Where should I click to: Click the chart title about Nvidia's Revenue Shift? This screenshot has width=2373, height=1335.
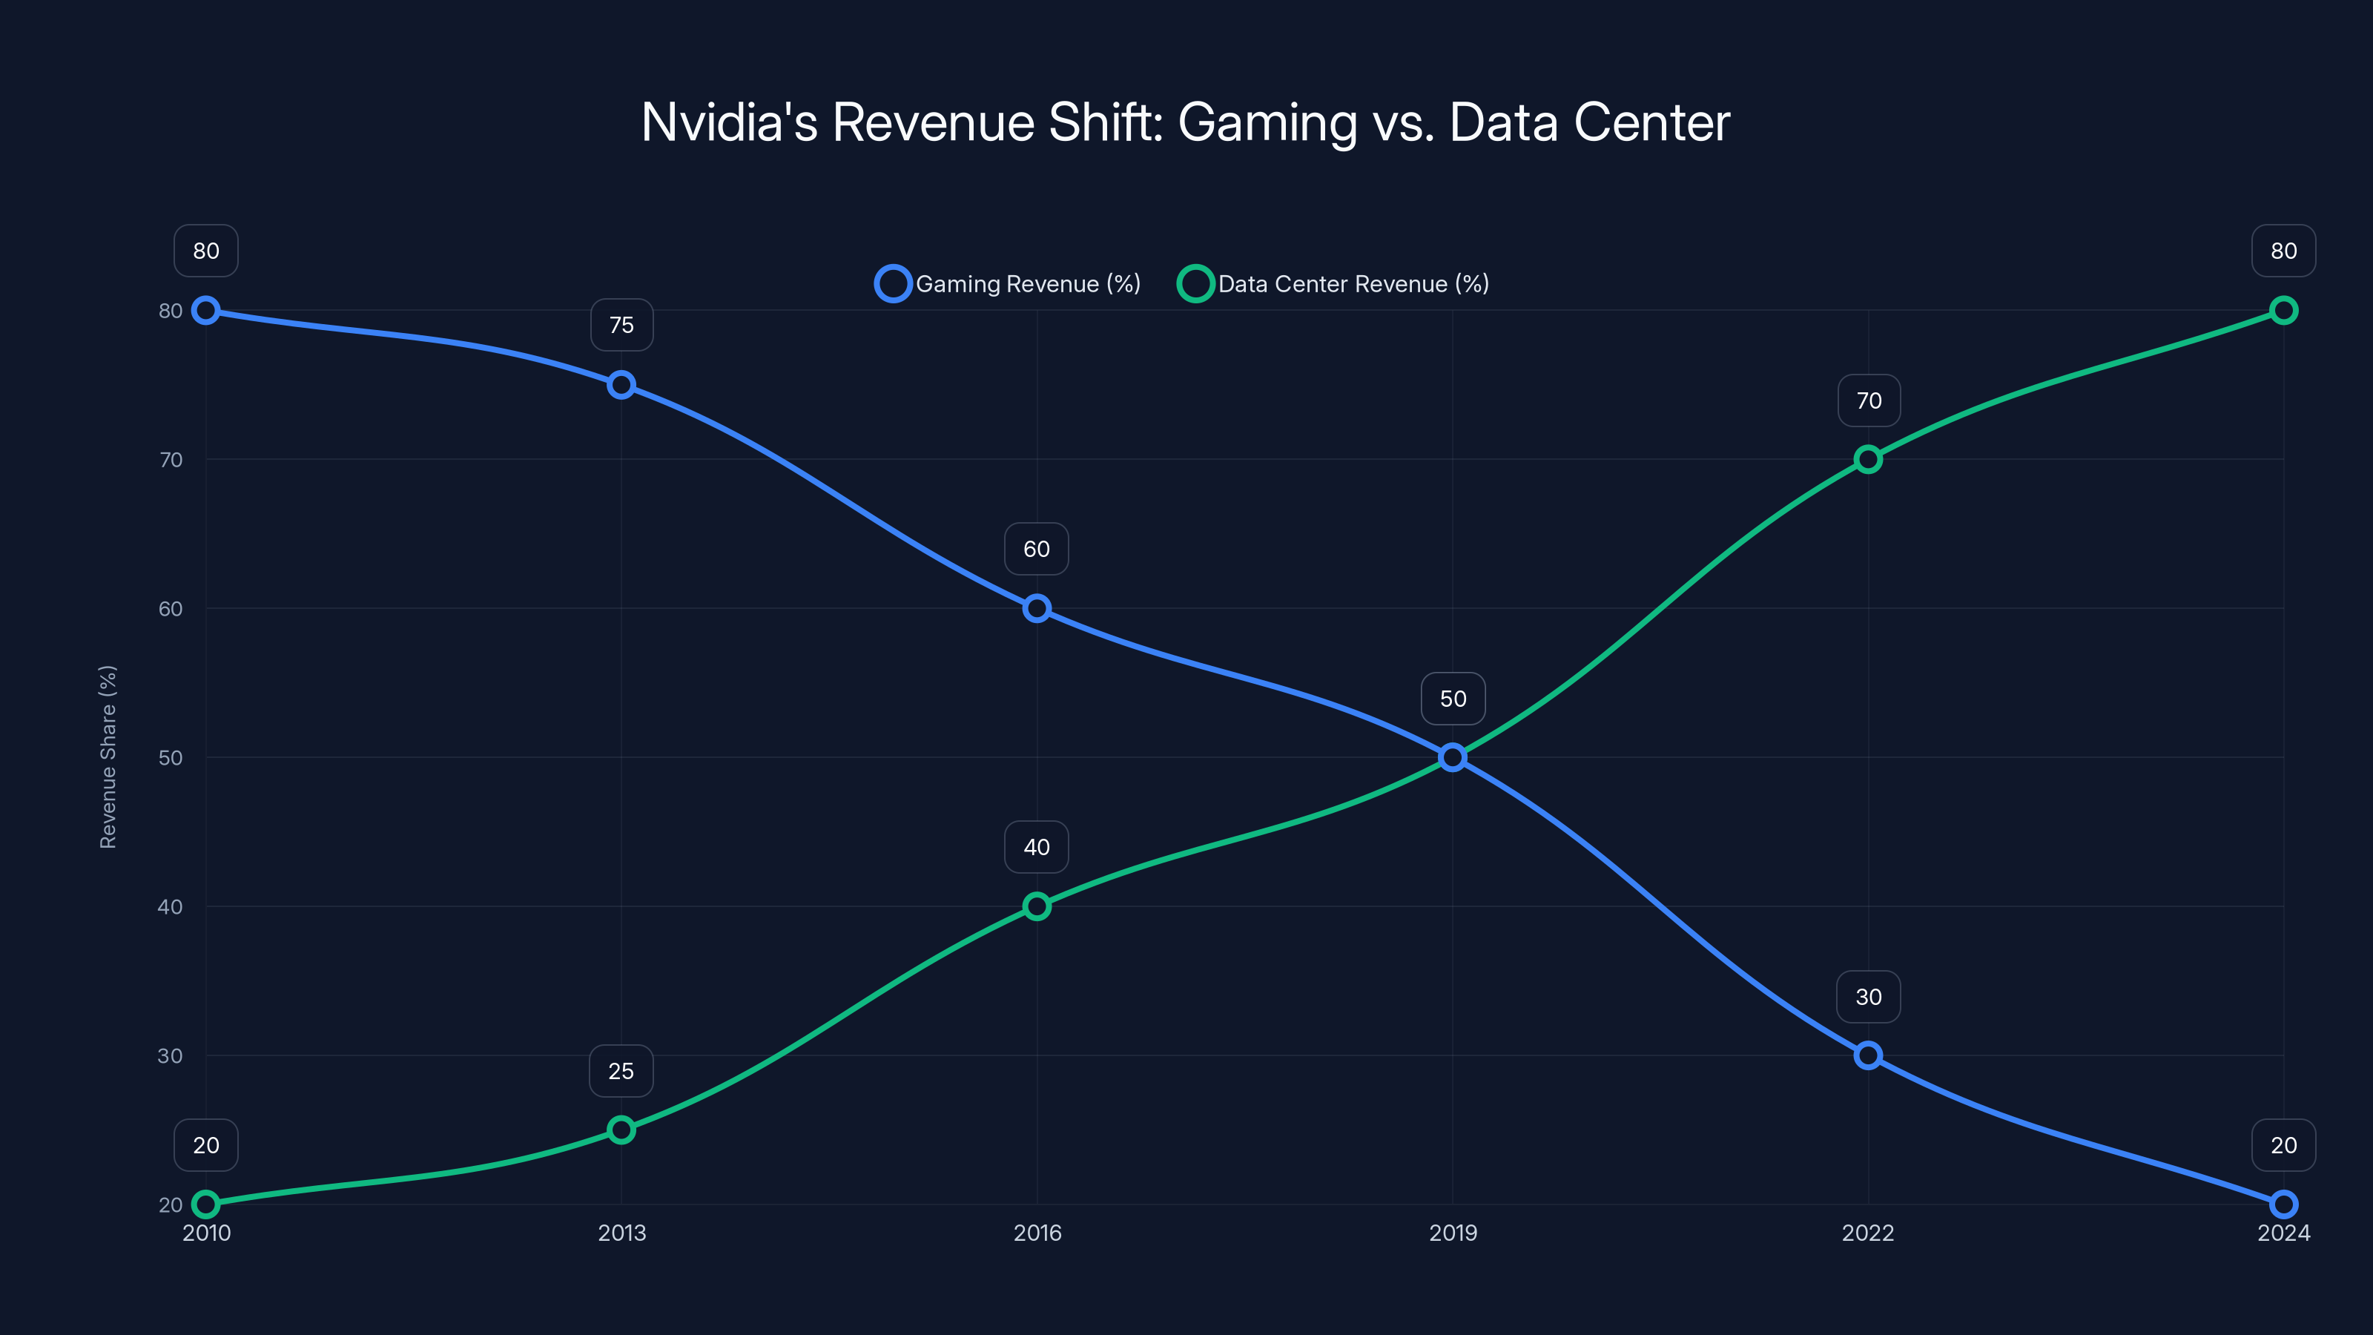pyautogui.click(x=1186, y=122)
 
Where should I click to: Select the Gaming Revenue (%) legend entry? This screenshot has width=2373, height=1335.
pyautogui.click(x=1008, y=284)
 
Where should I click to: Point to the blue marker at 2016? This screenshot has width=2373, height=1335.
pyautogui.click(x=1037, y=608)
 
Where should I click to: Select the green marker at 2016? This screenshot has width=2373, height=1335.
pyautogui.click(x=1037, y=906)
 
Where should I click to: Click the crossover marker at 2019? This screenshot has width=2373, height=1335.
pyautogui.click(x=1453, y=757)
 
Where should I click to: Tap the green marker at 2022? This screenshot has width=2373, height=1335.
pyautogui.click(x=1868, y=459)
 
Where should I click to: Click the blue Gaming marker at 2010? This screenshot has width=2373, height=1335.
pyautogui.click(x=205, y=311)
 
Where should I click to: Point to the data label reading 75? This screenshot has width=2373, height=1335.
pyautogui.click(x=622, y=326)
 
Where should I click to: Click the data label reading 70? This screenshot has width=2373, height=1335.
pyautogui.click(x=1869, y=400)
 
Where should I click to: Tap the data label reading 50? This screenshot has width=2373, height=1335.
pyautogui.click(x=1453, y=699)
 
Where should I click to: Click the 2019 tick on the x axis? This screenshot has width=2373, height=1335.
pyautogui.click(x=1453, y=1233)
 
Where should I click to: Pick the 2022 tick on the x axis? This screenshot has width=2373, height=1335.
pyautogui.click(x=1868, y=1233)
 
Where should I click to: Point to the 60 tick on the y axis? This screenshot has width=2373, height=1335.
pyautogui.click(x=171, y=609)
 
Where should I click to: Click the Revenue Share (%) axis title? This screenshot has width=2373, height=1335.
pyautogui.click(x=108, y=756)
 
